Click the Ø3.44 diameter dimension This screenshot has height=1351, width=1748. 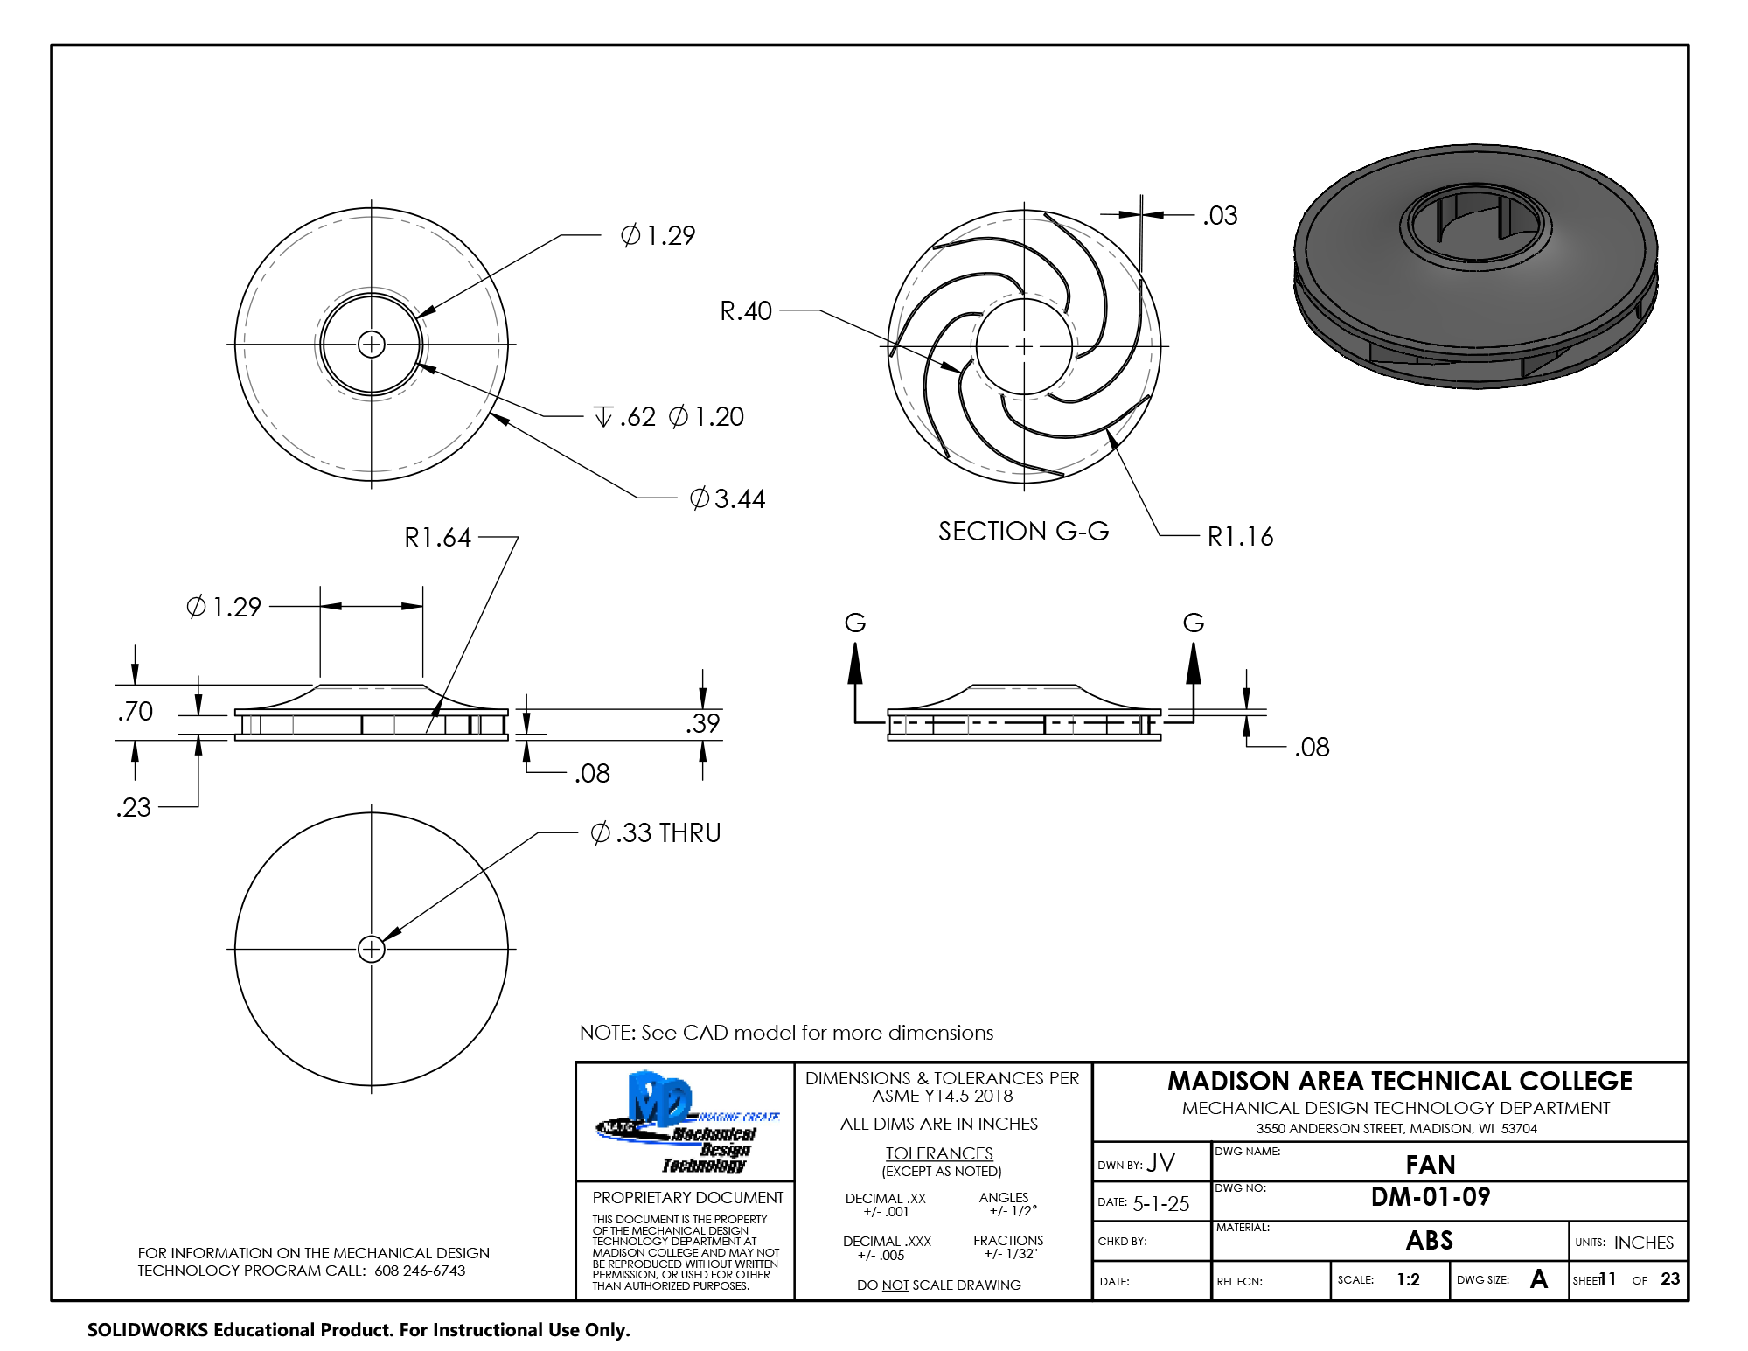pos(727,498)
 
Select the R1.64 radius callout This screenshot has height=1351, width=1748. pos(437,537)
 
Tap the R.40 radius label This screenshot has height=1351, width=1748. pos(746,310)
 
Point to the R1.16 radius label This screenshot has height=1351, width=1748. pos(1240,536)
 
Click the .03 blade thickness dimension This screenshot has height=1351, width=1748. pos(1220,215)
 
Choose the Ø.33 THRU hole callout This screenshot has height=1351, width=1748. pos(656,832)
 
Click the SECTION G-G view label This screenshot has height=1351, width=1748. pos(1023,531)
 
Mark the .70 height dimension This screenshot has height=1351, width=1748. pos(135,711)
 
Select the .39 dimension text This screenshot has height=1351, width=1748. pos(702,723)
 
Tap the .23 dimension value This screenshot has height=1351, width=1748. pos(133,807)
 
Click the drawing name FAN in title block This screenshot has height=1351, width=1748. pos(1431,1165)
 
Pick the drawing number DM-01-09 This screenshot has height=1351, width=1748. pos(1431,1196)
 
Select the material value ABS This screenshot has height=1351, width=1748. pos(1430,1240)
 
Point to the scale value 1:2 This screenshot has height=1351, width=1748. pos(1408,1279)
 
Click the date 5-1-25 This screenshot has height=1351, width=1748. pos(1160,1203)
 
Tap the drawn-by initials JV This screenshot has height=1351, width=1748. pos(1161,1162)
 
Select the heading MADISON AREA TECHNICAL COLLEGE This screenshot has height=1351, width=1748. pos(1399,1081)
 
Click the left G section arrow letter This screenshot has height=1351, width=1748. pos(854,623)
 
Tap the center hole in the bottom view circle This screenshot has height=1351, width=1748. pos(372,949)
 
